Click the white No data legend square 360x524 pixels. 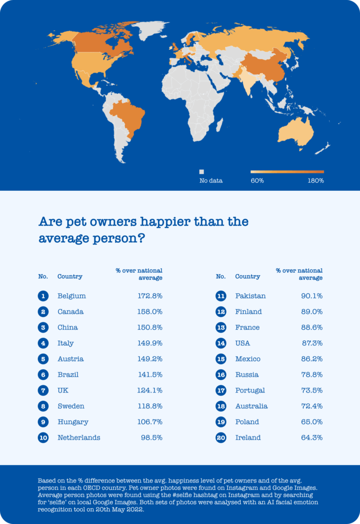202,172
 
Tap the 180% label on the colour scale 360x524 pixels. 315,181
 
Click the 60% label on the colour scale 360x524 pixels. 258,181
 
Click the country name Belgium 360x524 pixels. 72,296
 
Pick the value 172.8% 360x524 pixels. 150,296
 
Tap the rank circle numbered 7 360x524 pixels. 43,390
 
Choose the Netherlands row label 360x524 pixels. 79,438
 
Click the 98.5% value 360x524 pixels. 152,438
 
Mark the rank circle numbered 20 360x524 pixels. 221,438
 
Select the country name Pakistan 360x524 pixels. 250,296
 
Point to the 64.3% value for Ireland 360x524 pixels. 311,438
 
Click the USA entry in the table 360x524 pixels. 243,343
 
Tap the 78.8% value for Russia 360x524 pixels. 311,375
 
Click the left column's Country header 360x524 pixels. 70,276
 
